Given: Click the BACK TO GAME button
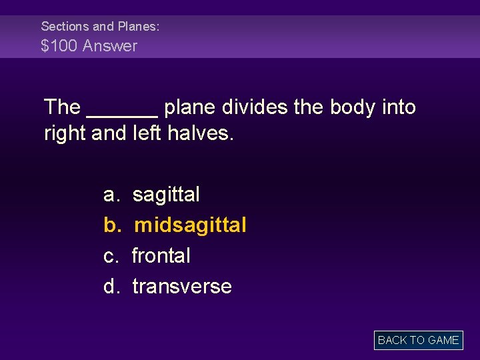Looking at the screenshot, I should (418, 340).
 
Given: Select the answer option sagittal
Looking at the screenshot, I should (166, 195).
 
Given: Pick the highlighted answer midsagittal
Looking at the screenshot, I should (190, 225).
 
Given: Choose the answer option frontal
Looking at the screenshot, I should (161, 256).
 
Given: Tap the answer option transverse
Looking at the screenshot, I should (182, 287).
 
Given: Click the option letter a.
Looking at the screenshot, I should (111, 195).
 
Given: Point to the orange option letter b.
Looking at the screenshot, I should (111, 225).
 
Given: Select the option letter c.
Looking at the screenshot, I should (110, 256).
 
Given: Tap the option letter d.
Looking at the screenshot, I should (111, 287).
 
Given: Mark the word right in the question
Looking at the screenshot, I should (65, 133).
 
